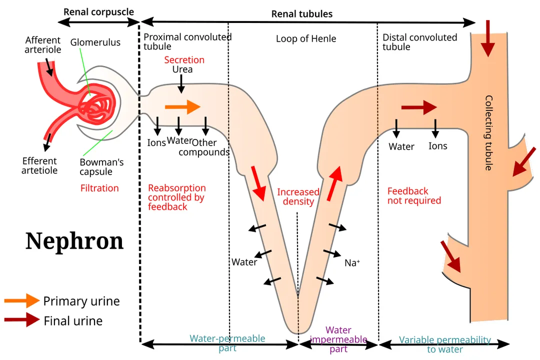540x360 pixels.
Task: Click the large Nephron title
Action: tap(74, 241)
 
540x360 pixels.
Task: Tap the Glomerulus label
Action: tap(95, 42)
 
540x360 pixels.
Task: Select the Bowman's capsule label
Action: tap(101, 167)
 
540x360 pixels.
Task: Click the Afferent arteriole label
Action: tap(43, 45)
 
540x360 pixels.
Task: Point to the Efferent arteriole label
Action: tap(40, 165)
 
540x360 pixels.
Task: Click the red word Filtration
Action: tap(99, 188)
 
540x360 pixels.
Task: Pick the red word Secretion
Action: tap(184, 60)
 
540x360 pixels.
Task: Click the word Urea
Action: tap(182, 69)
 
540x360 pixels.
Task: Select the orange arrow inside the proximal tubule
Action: tap(182, 106)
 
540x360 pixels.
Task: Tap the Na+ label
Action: tap(352, 262)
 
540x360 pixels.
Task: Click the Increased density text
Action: tap(298, 197)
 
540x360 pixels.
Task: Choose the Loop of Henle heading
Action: tap(306, 39)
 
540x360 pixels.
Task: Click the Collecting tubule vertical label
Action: tap(488, 132)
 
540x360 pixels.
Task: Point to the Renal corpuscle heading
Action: tap(98, 12)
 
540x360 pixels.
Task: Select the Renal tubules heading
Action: tap(302, 14)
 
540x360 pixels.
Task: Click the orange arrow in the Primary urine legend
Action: tap(21, 300)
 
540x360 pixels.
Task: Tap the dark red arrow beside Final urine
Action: tap(21, 319)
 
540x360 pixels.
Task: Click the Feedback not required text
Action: tap(414, 196)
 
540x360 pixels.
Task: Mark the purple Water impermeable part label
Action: tap(338, 339)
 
